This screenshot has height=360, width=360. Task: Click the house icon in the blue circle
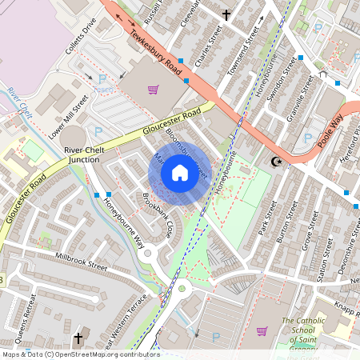180,172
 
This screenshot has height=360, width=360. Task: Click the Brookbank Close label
158,215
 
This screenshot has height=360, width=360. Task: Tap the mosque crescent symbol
278,162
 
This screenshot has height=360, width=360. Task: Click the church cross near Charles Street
226,14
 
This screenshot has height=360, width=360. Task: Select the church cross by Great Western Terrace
78,339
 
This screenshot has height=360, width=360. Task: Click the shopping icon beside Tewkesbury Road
153,90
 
